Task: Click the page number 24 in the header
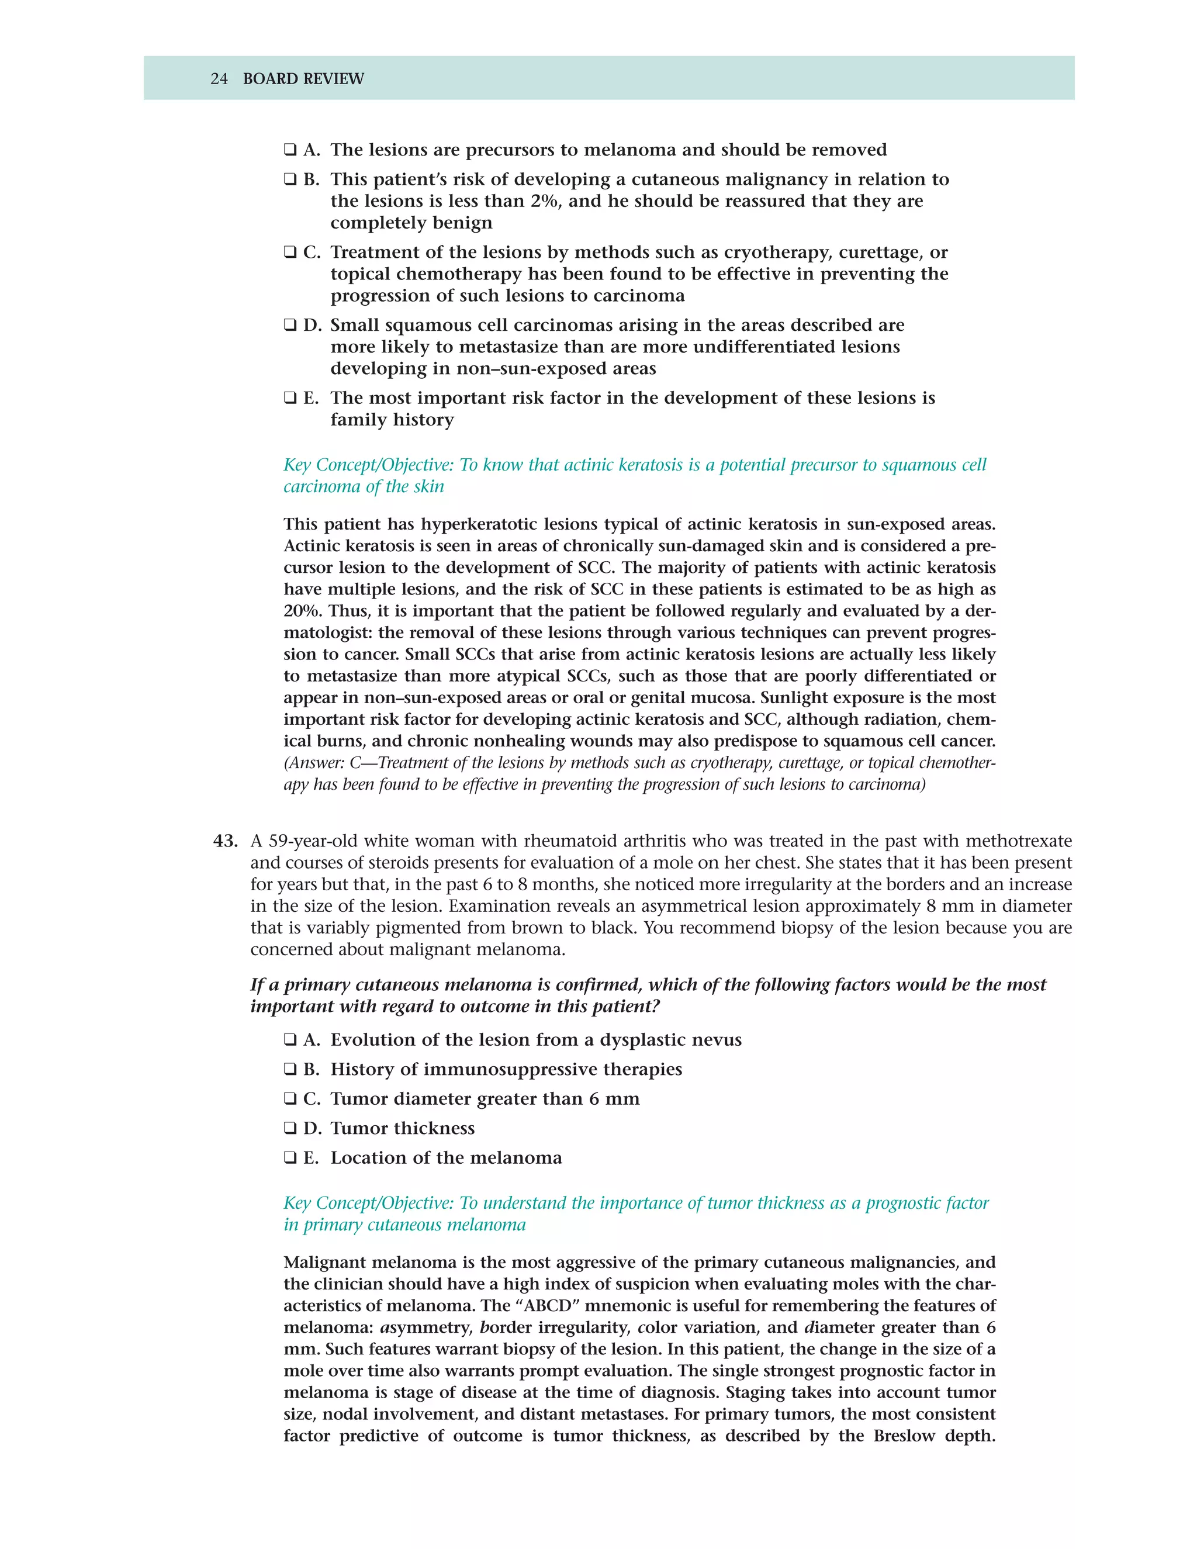(x=219, y=79)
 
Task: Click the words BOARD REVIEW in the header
(x=303, y=79)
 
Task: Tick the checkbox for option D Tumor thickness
(x=290, y=1128)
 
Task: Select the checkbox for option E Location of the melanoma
(x=290, y=1158)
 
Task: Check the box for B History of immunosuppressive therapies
(x=290, y=1070)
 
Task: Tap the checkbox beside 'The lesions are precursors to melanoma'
(x=290, y=150)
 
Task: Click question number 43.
(x=225, y=841)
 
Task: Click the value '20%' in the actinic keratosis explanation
(x=299, y=611)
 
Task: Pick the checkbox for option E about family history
(x=290, y=399)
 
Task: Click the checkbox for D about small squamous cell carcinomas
(x=290, y=326)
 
